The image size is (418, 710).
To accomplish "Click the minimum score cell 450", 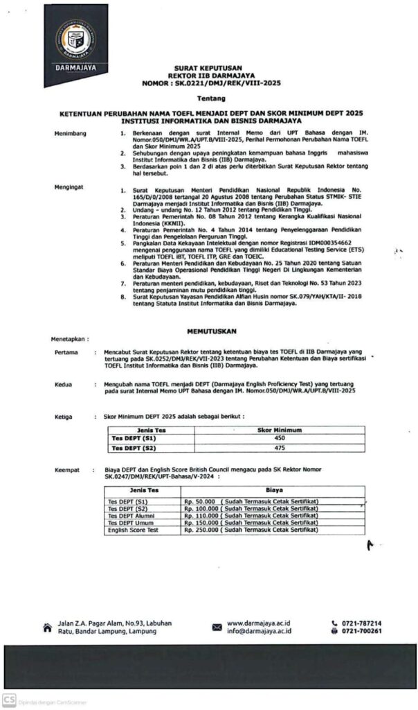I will tap(280, 438).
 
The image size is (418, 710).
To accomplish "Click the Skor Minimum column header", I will tap(280, 430).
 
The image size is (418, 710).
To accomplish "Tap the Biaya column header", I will tap(273, 490).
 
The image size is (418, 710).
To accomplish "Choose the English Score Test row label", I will tap(133, 530).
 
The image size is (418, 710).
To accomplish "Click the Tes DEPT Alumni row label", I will tap(132, 515).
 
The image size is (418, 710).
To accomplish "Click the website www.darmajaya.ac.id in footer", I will tap(258, 623).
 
